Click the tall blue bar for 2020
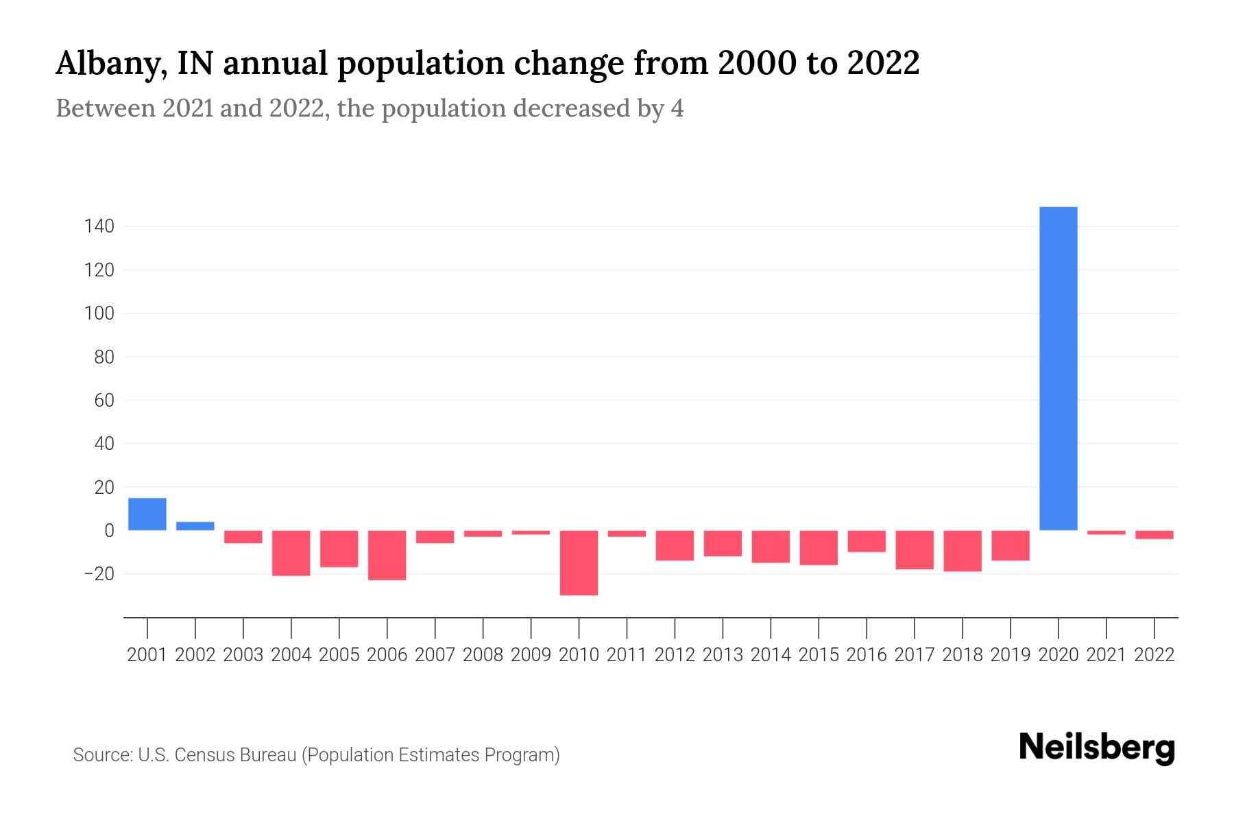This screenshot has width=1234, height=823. point(1058,368)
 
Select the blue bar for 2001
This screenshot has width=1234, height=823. point(147,514)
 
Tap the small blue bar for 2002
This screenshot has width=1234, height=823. point(195,526)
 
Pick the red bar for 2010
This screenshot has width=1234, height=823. point(579,562)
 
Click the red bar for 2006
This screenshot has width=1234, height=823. point(387,555)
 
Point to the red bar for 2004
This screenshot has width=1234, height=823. point(291,553)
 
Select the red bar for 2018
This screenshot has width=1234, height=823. point(963,551)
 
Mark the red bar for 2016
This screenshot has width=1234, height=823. point(867,541)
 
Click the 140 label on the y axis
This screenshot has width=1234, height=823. point(99,226)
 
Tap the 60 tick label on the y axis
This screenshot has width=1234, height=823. point(104,401)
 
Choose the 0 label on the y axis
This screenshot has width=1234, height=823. point(109,531)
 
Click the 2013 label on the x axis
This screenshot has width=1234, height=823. point(723,655)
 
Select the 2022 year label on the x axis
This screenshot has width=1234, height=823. point(1154,655)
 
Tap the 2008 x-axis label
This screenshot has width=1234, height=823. point(483,655)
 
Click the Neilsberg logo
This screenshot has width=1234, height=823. point(1097,748)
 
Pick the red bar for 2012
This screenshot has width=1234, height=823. point(675,545)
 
